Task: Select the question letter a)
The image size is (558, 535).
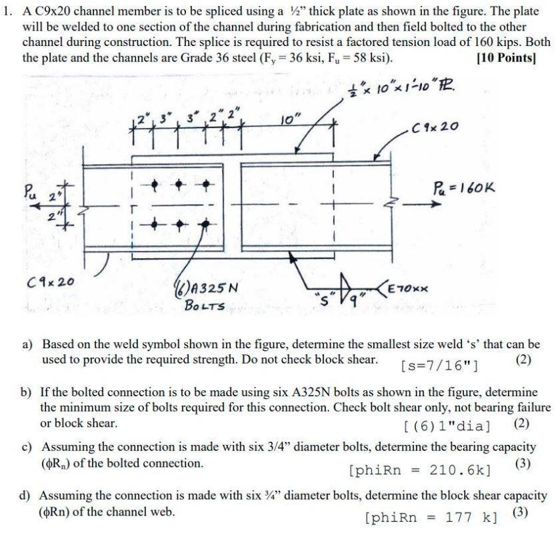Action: pyautogui.click(x=28, y=345)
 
